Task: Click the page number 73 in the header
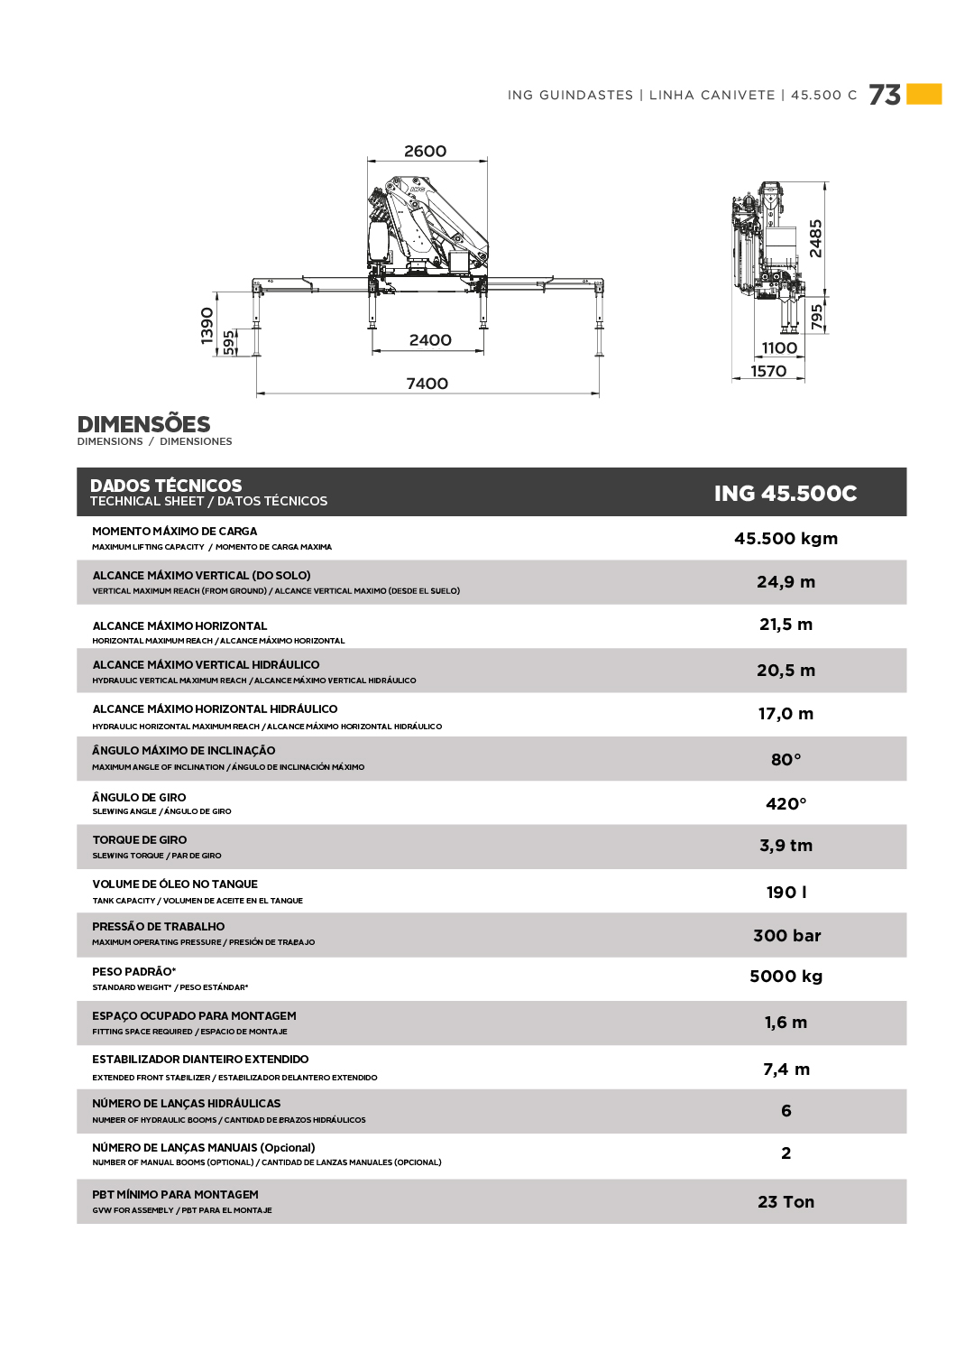pyautogui.click(x=885, y=95)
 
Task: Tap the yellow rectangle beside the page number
pyautogui.click(x=924, y=94)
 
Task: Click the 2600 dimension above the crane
pyautogui.click(x=425, y=152)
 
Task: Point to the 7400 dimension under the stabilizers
pyautogui.click(x=427, y=384)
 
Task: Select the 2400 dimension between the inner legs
pyautogui.click(x=430, y=340)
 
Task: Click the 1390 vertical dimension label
pyautogui.click(x=207, y=326)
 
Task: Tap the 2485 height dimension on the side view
pyautogui.click(x=815, y=238)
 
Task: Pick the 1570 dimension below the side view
pyautogui.click(x=768, y=371)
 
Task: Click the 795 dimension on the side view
pyautogui.click(x=817, y=318)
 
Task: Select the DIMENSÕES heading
pyautogui.click(x=143, y=424)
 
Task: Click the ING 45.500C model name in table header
pyautogui.click(x=786, y=493)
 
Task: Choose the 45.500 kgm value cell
pyautogui.click(x=786, y=539)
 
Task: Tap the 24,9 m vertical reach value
pyautogui.click(x=786, y=582)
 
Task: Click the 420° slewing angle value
pyautogui.click(x=786, y=804)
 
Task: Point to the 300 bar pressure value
pyautogui.click(x=786, y=936)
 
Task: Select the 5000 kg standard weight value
pyautogui.click(x=786, y=977)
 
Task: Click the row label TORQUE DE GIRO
pyautogui.click(x=140, y=839)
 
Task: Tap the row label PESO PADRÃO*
pyautogui.click(x=134, y=972)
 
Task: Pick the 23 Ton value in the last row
pyautogui.click(x=786, y=1202)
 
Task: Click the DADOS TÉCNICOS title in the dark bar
pyautogui.click(x=166, y=486)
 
